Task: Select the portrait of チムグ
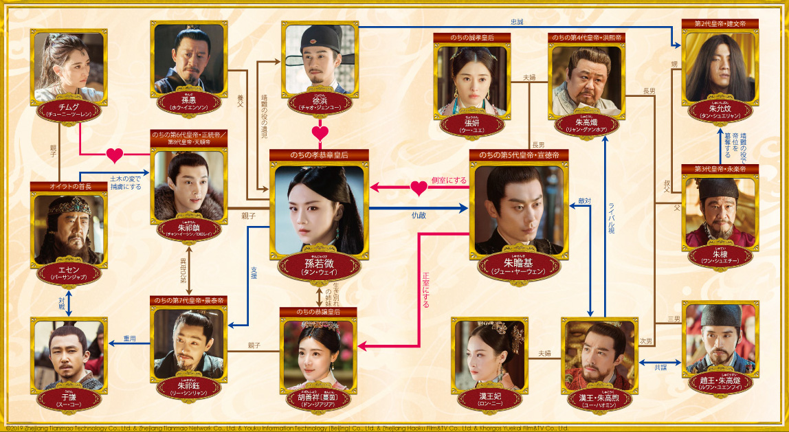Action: (68, 67)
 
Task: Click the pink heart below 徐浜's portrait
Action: (320, 132)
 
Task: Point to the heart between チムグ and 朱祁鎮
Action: (114, 154)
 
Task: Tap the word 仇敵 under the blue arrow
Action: (419, 215)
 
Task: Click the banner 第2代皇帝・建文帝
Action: (720, 23)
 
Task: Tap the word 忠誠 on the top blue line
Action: (516, 22)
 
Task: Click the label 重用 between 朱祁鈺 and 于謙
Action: (130, 338)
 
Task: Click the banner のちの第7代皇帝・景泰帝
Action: (188, 301)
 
